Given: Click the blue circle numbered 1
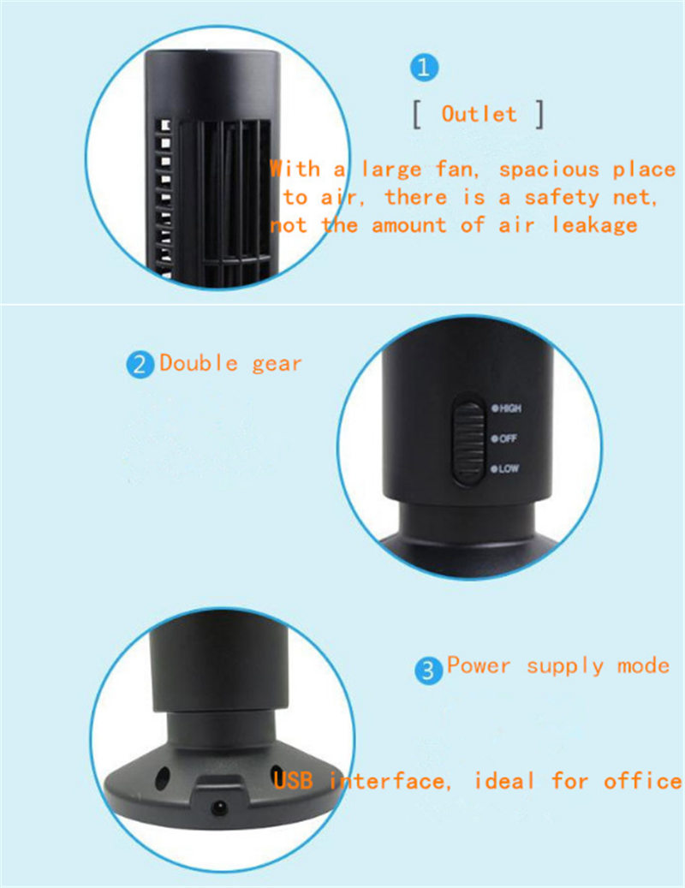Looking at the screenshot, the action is (x=424, y=68).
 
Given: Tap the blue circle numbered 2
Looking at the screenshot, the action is (x=140, y=365).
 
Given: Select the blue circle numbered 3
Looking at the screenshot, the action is (x=428, y=670).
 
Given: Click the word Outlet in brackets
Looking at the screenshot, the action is (x=479, y=114).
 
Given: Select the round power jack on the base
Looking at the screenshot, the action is (x=220, y=807).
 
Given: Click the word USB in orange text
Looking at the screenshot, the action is (x=293, y=780).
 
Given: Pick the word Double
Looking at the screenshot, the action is (x=199, y=362).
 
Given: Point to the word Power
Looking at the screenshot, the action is (x=479, y=665).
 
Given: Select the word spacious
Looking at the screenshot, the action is (x=549, y=170).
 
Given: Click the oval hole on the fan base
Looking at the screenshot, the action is (x=163, y=779).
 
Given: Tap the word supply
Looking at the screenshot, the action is (x=565, y=666).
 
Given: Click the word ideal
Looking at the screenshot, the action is (x=503, y=780).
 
